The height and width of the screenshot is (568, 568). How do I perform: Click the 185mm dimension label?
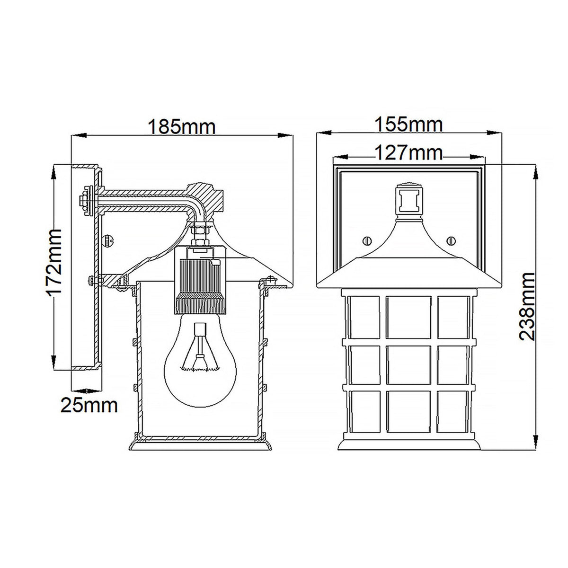[182, 127]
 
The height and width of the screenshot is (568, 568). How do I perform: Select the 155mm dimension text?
[408, 125]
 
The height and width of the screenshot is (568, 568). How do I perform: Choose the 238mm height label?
[527, 306]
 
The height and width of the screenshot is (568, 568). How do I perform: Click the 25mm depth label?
[89, 406]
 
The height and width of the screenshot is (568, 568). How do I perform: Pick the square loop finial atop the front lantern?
[408, 200]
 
